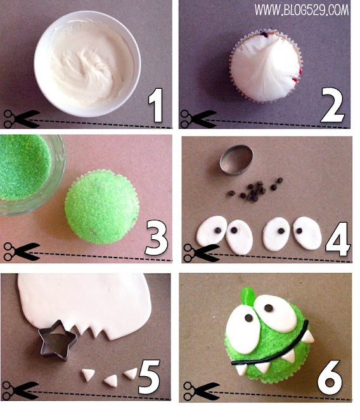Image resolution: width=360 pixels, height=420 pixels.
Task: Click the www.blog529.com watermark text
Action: (x=302, y=10)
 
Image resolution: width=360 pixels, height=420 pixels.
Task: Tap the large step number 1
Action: (x=156, y=105)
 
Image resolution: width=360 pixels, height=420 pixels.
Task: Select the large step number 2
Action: (x=332, y=105)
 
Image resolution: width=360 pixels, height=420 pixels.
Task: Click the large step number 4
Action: (x=338, y=239)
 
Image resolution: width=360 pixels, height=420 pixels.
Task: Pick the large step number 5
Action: (x=149, y=376)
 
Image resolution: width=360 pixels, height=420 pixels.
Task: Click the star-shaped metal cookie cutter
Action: (x=58, y=341)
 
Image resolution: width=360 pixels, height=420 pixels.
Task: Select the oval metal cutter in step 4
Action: (x=236, y=160)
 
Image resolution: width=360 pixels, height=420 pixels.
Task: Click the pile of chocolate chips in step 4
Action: (x=254, y=190)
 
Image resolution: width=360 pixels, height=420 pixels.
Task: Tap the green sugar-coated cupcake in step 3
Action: (x=101, y=207)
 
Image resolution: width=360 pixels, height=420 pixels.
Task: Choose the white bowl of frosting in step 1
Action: (x=87, y=63)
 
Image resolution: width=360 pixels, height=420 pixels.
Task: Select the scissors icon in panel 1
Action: (x=22, y=119)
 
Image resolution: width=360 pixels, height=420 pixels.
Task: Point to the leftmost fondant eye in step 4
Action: (x=212, y=231)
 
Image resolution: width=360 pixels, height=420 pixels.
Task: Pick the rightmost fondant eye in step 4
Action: (x=307, y=233)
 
